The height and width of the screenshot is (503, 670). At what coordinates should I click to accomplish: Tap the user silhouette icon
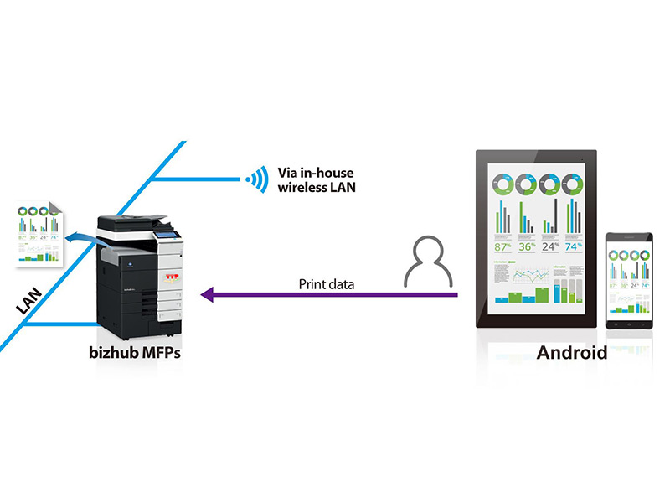tap(426, 260)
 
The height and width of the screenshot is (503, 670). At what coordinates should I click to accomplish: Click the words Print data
tap(327, 284)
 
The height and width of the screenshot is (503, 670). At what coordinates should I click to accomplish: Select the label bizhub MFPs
tap(137, 352)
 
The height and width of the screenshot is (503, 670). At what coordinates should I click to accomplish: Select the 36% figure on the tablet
tap(527, 246)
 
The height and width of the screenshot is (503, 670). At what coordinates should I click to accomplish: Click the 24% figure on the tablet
tap(549, 246)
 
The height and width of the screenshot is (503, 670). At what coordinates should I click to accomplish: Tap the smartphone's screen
tap(627, 279)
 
